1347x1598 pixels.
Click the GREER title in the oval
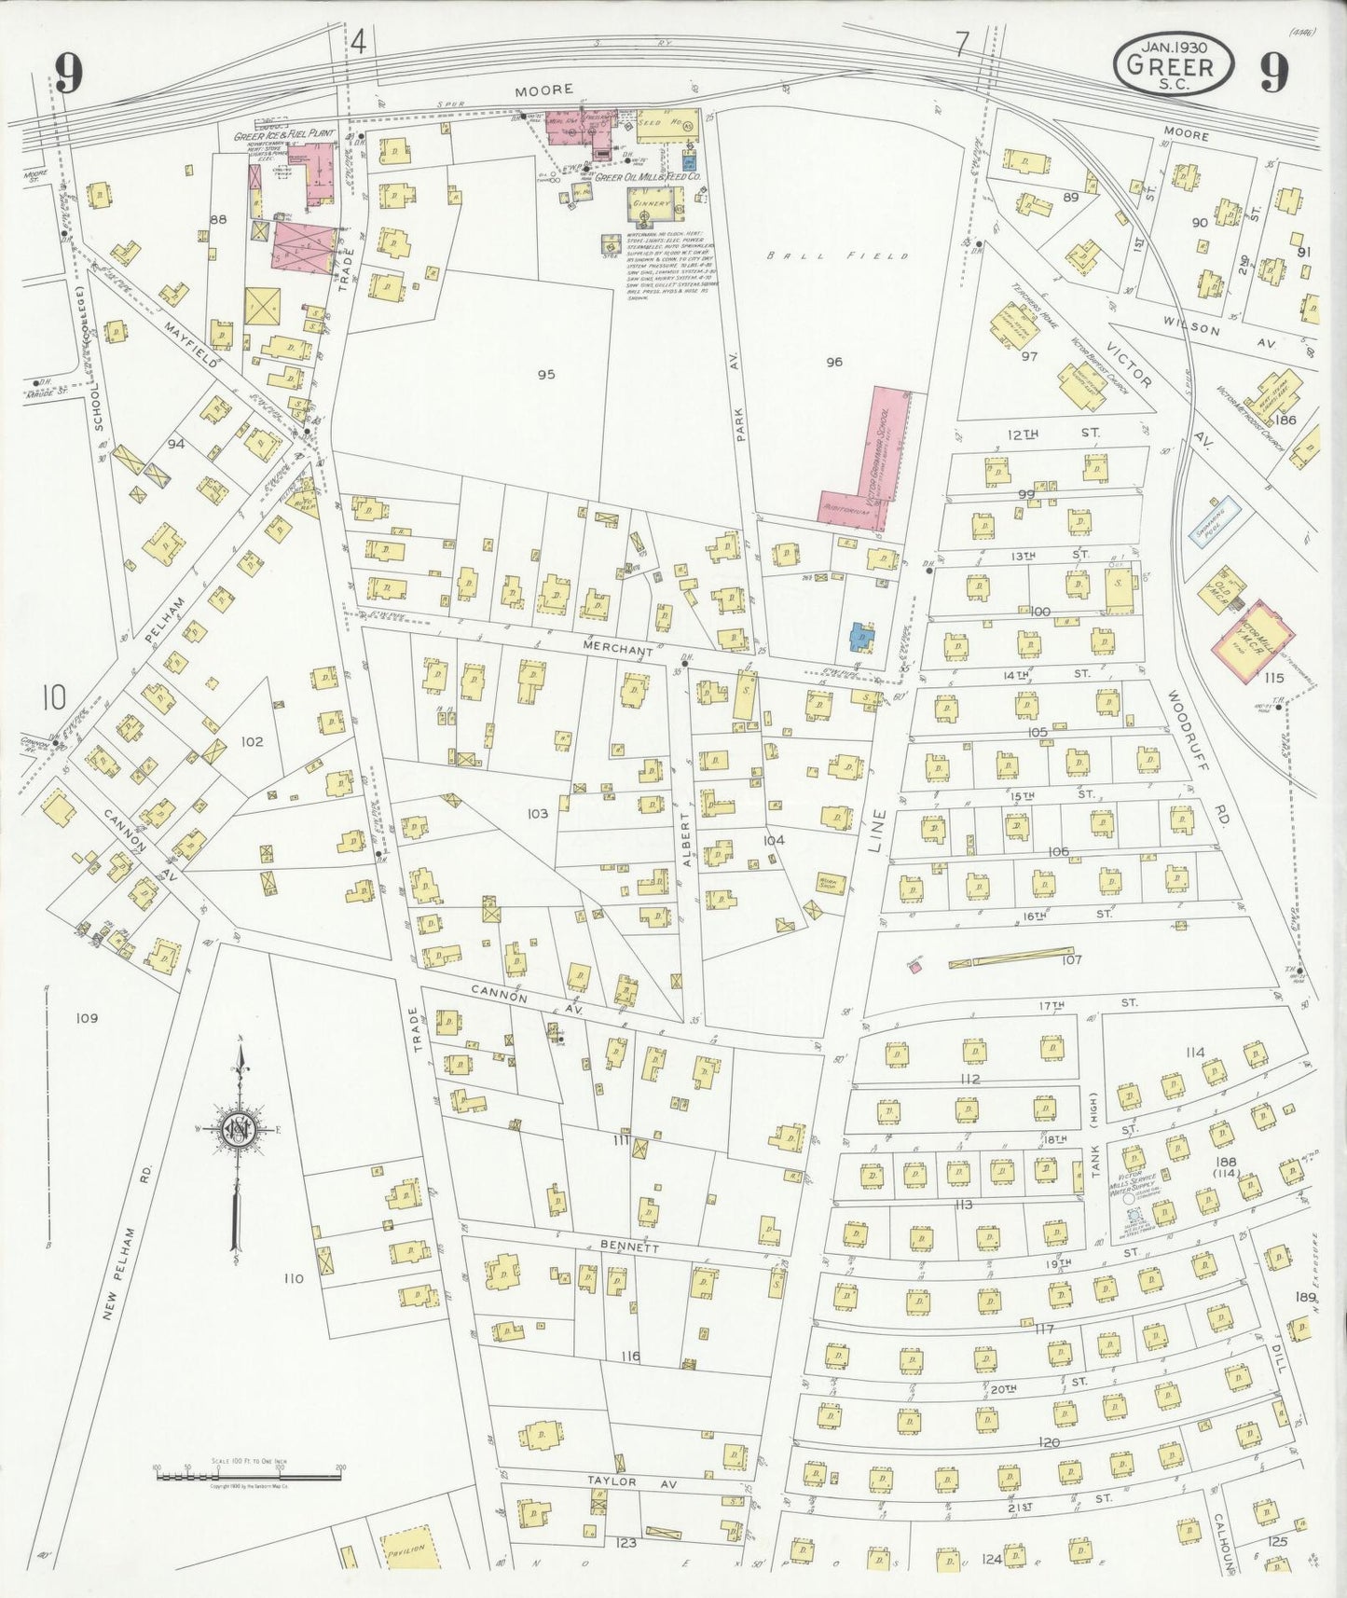pos(1171,65)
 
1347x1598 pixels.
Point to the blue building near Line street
pos(862,638)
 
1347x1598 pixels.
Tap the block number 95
pos(545,374)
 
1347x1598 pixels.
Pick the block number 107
pos(1071,959)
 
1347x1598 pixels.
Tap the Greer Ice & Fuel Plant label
pos(284,135)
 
